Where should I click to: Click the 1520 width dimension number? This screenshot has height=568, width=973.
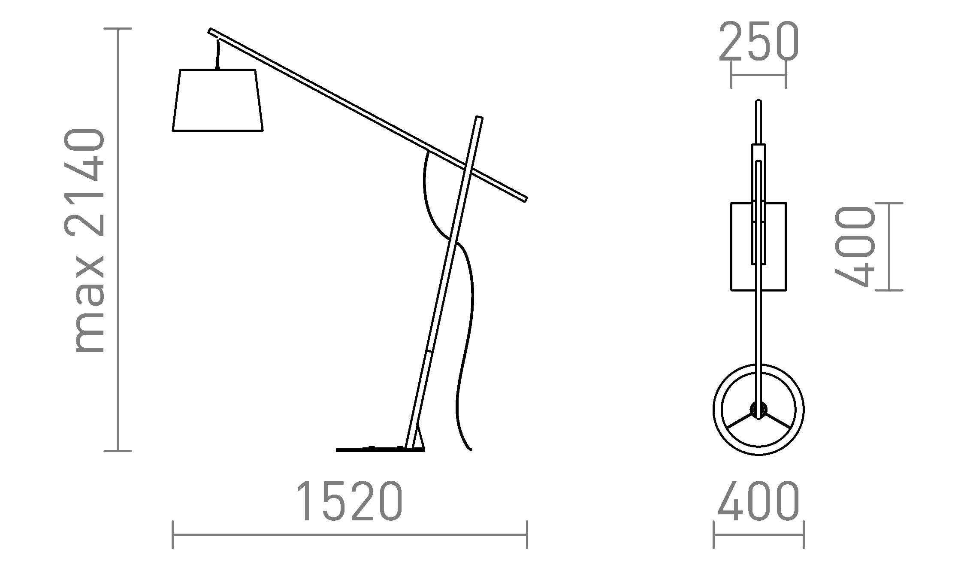(x=350, y=501)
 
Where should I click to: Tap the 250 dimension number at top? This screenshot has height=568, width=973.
(x=758, y=42)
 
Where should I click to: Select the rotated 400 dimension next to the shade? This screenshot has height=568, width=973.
(x=854, y=246)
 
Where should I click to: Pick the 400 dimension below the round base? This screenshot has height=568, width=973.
(x=758, y=501)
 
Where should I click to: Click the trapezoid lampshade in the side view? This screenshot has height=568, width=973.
(x=218, y=100)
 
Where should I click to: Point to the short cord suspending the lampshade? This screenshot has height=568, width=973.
(x=218, y=54)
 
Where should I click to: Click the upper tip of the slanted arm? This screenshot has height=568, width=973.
(x=211, y=31)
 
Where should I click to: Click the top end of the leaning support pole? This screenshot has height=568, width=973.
(x=479, y=118)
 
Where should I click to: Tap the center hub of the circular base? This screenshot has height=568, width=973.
(x=758, y=410)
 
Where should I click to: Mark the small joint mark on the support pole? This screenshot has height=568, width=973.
(x=428, y=351)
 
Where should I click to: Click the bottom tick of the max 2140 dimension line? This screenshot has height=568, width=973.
(x=118, y=451)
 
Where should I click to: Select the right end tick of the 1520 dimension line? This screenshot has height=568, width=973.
(x=527, y=535)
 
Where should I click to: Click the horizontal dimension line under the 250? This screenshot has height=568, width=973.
(x=758, y=75)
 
